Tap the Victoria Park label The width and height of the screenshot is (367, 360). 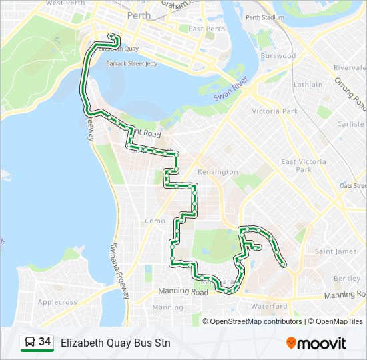275,111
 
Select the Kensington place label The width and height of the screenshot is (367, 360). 218,172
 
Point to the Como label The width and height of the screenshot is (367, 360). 155,221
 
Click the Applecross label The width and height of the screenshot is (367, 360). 57,302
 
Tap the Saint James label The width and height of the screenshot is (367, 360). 336,251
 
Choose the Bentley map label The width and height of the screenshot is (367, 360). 347,278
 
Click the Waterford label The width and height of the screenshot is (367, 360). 269,307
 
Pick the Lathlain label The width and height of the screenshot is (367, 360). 308,85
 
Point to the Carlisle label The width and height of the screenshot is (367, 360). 351,124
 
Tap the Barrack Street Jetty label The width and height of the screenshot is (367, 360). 131,64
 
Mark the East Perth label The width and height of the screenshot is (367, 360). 206,29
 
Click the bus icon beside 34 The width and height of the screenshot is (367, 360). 29,343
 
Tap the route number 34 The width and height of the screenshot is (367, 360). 45,342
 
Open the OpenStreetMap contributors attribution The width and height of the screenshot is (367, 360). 256,321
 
